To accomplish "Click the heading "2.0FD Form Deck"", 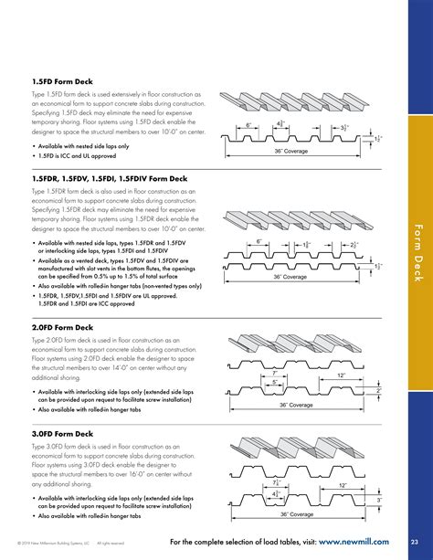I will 61,327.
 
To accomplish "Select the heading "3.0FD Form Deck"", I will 61,433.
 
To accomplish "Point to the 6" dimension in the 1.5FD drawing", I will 248,124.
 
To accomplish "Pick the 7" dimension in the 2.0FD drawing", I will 275,373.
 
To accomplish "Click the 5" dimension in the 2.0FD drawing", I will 275,383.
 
